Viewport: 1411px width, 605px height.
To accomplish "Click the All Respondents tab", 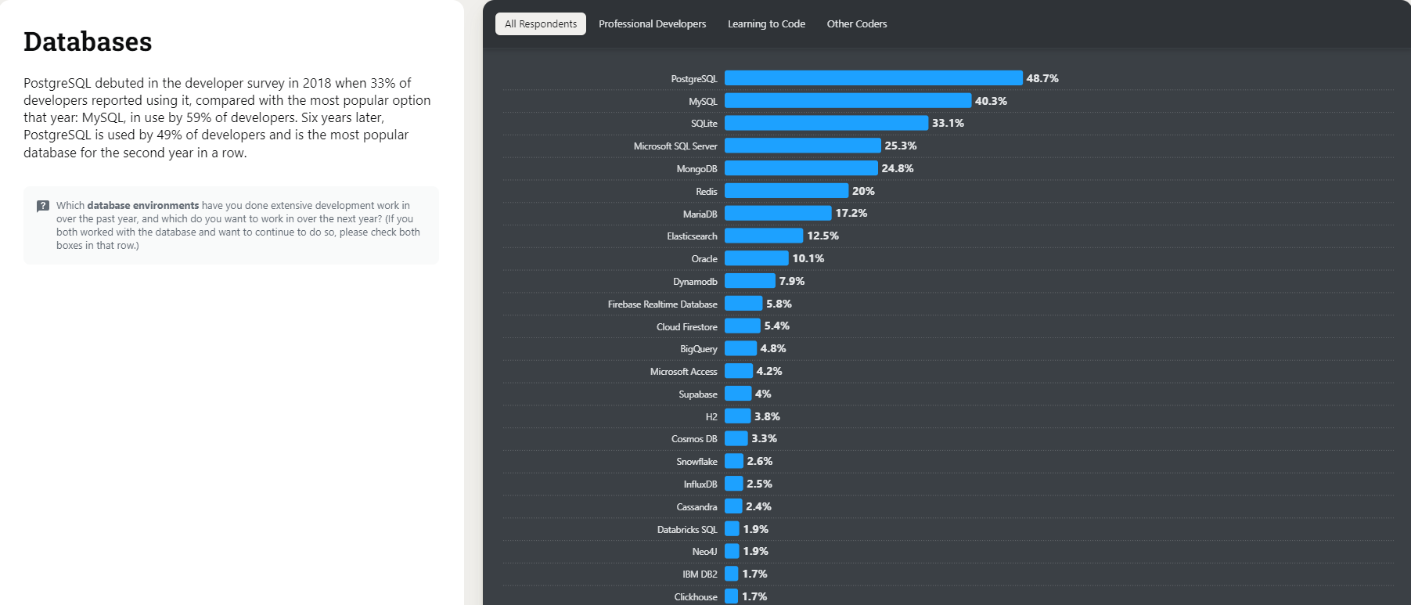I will point(541,24).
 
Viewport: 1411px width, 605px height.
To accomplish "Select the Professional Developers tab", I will point(652,24).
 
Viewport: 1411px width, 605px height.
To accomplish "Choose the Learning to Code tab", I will point(766,24).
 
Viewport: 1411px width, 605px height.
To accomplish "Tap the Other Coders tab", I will point(857,24).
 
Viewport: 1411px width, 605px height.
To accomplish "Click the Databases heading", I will point(88,42).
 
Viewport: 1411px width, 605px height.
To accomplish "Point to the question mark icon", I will point(43,206).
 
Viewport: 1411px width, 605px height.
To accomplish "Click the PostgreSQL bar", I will point(873,78).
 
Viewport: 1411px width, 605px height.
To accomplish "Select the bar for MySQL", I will point(847,101).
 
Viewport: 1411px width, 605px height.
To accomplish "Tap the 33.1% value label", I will point(948,123).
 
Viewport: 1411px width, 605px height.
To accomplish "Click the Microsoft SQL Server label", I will point(675,146).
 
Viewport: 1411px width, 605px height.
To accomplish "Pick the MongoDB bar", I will point(801,168).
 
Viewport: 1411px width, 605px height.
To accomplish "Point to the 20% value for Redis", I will point(863,191).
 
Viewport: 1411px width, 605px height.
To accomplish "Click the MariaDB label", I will point(700,214).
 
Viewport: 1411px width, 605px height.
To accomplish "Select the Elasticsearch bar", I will point(763,236).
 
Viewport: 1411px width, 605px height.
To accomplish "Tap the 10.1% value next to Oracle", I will point(808,258).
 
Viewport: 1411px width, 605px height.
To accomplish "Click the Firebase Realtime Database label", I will point(662,304).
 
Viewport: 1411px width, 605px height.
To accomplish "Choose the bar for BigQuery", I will point(740,348).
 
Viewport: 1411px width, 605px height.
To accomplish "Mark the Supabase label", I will point(697,394).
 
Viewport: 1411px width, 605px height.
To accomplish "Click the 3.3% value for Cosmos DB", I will point(764,438).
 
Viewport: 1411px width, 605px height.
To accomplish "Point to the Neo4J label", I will point(704,552).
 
